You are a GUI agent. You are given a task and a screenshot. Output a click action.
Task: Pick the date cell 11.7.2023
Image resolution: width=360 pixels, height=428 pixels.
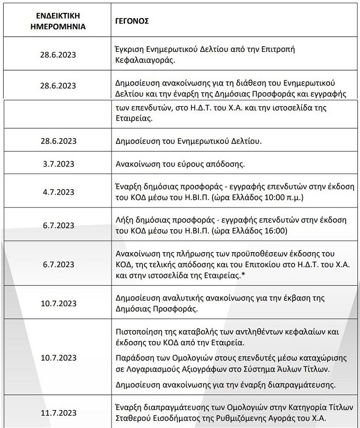tap(57, 412)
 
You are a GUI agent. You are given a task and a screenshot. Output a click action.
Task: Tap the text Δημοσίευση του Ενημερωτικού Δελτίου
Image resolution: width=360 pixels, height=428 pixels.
tap(187, 140)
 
